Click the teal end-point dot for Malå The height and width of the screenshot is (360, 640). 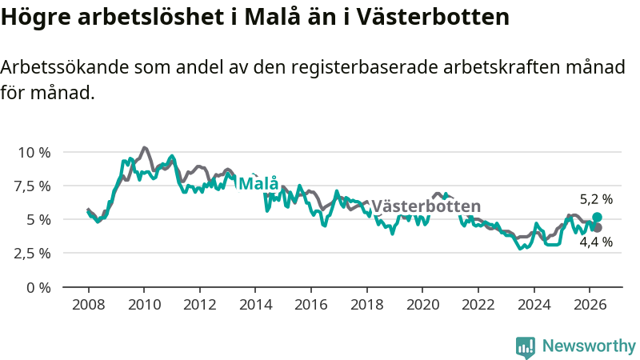click(597, 217)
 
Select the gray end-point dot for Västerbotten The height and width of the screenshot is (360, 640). click(598, 228)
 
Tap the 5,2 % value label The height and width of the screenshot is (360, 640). click(596, 199)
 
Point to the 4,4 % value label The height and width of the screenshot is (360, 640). click(596, 242)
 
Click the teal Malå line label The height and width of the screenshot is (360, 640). click(258, 183)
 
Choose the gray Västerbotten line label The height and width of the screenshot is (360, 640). click(426, 206)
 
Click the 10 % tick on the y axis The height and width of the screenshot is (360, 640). click(34, 153)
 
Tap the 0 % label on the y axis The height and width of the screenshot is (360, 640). click(38, 288)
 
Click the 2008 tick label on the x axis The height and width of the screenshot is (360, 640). click(88, 305)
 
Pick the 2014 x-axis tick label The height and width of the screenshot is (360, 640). click(255, 305)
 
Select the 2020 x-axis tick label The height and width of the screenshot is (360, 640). click(423, 305)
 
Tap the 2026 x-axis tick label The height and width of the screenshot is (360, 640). click(590, 305)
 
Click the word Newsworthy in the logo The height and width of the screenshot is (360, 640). click(589, 346)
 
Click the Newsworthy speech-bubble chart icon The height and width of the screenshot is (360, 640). click(526, 347)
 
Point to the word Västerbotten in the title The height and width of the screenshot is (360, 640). click(433, 17)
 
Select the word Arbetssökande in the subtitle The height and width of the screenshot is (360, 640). click(65, 67)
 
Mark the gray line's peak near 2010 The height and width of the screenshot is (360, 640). click(144, 148)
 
